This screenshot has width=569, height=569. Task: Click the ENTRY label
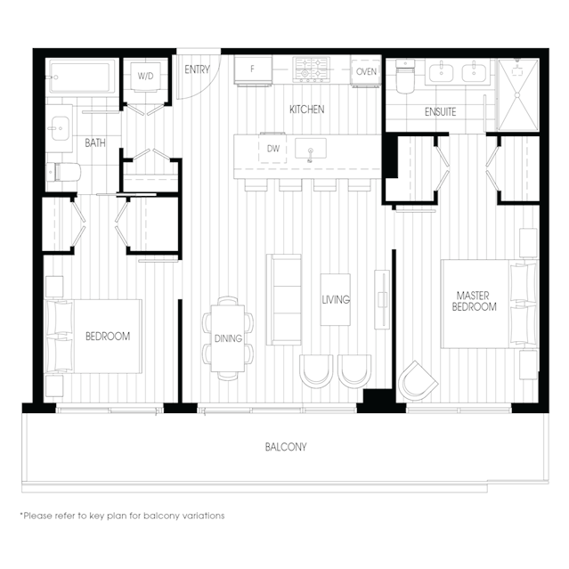(x=197, y=69)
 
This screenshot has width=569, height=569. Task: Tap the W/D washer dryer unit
(x=145, y=77)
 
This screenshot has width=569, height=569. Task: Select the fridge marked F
(x=253, y=70)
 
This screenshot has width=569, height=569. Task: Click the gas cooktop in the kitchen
(x=312, y=69)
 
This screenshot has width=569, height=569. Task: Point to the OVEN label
(x=366, y=71)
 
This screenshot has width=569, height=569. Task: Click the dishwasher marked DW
(x=272, y=149)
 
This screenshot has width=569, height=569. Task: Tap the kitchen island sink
(x=310, y=149)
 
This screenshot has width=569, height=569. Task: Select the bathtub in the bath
(x=81, y=77)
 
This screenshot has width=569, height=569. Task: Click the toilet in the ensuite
(x=405, y=77)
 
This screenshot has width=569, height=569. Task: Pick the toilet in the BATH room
(x=63, y=172)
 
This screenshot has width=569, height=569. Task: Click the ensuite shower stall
(x=518, y=94)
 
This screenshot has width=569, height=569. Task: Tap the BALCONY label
(x=286, y=447)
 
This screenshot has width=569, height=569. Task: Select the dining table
(x=228, y=338)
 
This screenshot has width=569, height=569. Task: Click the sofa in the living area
(x=284, y=299)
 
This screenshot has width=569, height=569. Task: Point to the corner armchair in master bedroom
(x=418, y=380)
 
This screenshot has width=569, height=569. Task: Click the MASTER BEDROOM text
(x=474, y=301)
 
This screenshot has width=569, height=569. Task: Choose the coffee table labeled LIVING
(x=336, y=299)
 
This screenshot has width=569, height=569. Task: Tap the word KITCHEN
(x=306, y=110)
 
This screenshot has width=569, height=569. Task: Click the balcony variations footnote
(x=122, y=516)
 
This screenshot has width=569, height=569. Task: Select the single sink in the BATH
(x=60, y=128)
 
